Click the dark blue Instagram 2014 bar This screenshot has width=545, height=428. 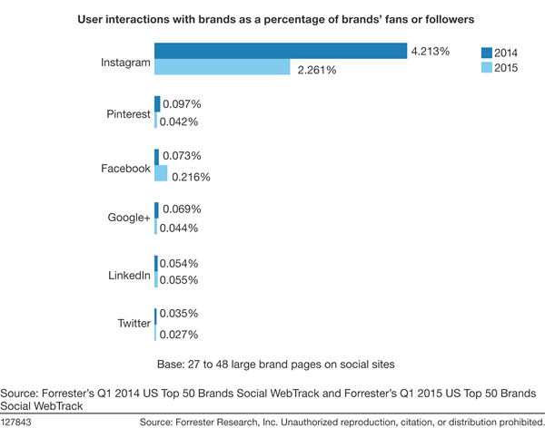[x=280, y=52]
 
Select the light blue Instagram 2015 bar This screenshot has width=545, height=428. [x=222, y=68]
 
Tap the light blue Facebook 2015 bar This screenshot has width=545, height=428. [x=161, y=172]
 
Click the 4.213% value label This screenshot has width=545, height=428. [x=430, y=52]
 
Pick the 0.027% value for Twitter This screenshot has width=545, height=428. [x=179, y=335]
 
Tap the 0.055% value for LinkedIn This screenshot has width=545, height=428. [x=179, y=282]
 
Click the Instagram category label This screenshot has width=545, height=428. [x=124, y=61]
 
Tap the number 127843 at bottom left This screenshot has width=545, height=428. [x=20, y=421]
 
